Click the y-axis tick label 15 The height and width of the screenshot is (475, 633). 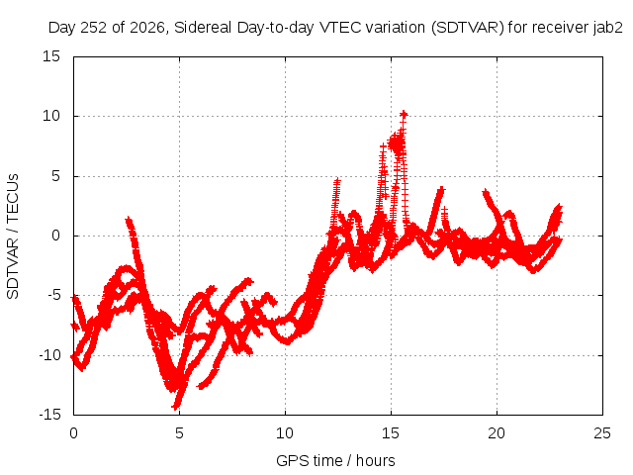coord(51,56)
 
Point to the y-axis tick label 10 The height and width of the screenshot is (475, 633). coord(51,116)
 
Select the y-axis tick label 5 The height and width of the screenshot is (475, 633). coord(55,176)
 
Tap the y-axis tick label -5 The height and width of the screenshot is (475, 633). coord(53,295)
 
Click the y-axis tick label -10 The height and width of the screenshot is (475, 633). coord(49,355)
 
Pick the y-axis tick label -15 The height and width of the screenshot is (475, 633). coord(49,415)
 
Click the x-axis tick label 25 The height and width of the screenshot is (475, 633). coord(602,433)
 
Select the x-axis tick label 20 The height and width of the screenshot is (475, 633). coord(497,433)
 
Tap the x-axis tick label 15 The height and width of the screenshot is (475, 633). coord(391,433)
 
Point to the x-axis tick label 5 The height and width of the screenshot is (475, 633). coord(179,433)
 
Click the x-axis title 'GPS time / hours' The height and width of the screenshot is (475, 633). coord(335,460)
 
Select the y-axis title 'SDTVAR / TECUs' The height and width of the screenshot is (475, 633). coord(13,237)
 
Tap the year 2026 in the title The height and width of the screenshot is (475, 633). coord(147,28)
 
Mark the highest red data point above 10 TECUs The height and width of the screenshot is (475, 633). coord(404,115)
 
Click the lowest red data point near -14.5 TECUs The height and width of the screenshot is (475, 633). coord(176,406)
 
